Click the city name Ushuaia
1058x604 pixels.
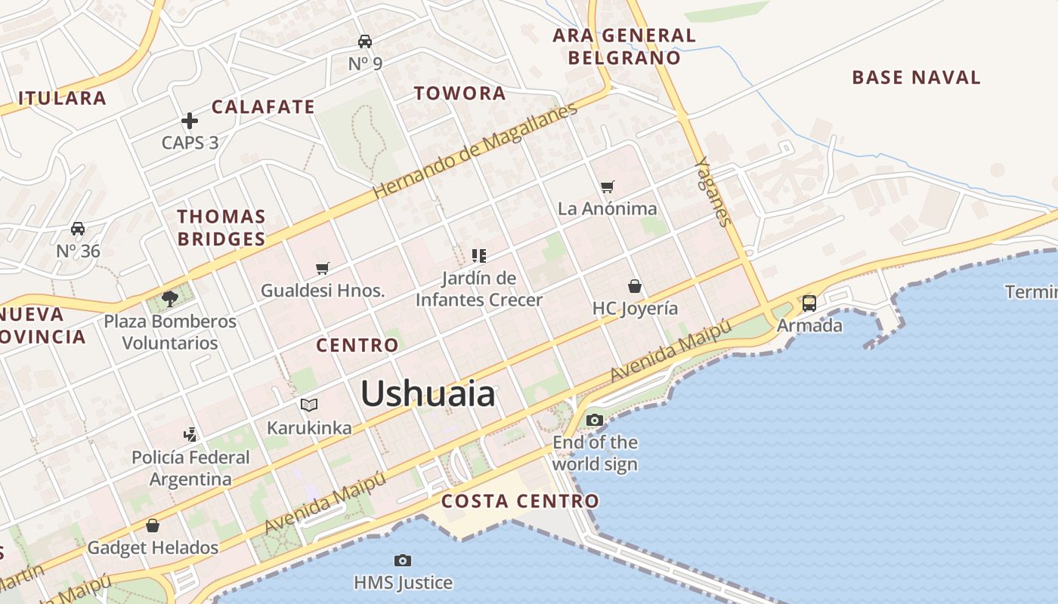(x=428, y=394)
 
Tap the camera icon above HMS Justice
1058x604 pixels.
(x=403, y=560)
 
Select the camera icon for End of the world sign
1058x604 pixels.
(x=595, y=420)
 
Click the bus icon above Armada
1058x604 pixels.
(x=809, y=304)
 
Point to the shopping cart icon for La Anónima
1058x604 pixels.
(x=608, y=186)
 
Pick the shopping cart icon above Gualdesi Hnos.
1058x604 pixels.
(x=323, y=268)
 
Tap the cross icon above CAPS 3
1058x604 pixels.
(x=190, y=121)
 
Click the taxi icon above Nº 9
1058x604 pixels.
(x=365, y=42)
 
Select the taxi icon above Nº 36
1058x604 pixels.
(x=78, y=229)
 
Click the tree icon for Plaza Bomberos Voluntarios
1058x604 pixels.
(x=170, y=299)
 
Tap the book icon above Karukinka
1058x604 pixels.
(x=309, y=405)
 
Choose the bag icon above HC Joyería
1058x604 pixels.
(x=635, y=286)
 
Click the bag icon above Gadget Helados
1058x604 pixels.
(x=153, y=525)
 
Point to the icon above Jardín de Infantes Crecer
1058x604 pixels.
(x=478, y=256)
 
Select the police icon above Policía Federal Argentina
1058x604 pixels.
(x=190, y=435)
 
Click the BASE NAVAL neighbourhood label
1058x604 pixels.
(x=916, y=77)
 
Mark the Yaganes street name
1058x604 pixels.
(x=713, y=191)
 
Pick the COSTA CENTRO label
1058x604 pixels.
(x=520, y=501)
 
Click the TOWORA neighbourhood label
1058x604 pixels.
(x=459, y=94)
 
